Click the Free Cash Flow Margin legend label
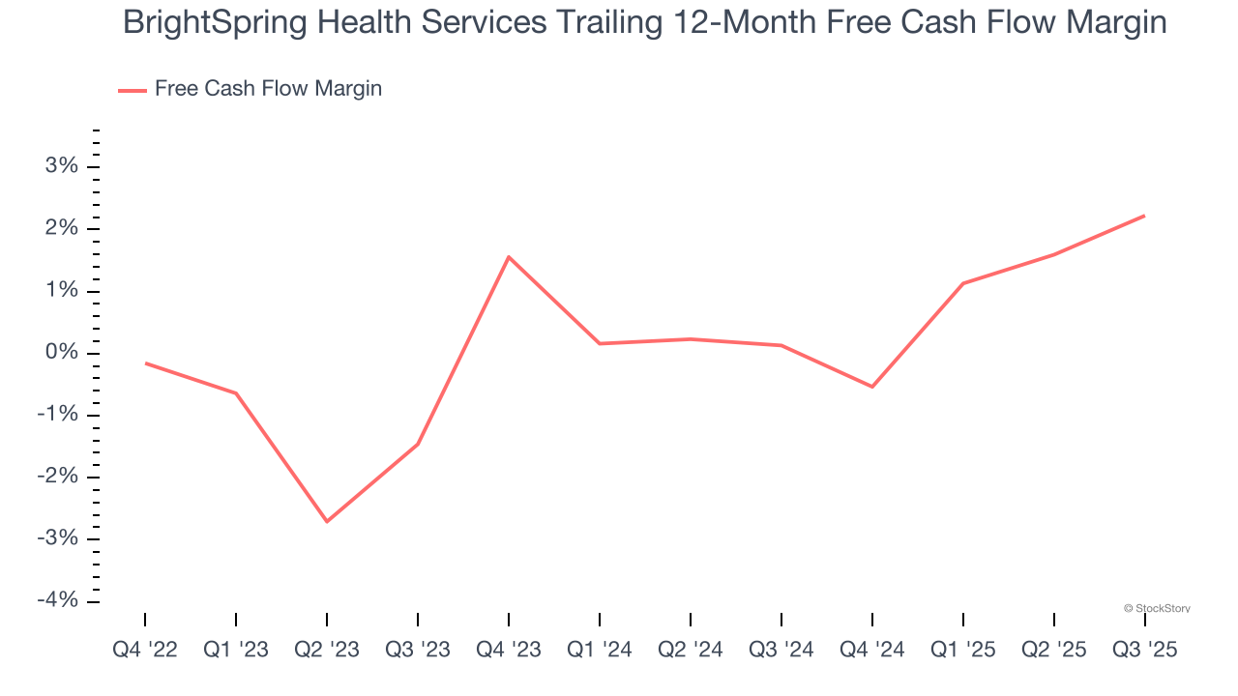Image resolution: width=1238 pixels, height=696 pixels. pos(268,89)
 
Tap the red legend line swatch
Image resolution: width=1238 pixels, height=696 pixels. pos(132,90)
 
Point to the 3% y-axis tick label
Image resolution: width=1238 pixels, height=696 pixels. pos(60,166)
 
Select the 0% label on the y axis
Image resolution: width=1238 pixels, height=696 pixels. pos(60,353)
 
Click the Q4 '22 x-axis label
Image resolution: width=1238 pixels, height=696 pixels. pos(145,650)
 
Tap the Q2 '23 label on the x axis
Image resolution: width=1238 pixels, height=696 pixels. pos(327,650)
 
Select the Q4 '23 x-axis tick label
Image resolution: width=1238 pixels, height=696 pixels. pos(509,650)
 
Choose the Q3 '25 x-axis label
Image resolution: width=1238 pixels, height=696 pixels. pos(1145,650)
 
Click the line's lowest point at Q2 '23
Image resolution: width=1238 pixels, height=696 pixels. pos(327,522)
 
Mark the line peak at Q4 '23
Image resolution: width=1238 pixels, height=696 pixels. pos(509,256)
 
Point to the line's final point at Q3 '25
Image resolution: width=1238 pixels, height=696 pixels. pos(1145,216)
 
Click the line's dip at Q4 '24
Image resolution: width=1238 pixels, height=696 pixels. pos(872,387)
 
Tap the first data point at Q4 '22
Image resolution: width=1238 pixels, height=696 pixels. pos(145,363)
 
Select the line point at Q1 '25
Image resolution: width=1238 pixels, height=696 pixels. pos(963,283)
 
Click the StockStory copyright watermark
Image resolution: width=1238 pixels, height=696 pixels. pos(1157,608)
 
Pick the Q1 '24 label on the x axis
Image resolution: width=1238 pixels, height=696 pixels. pos(600,650)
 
